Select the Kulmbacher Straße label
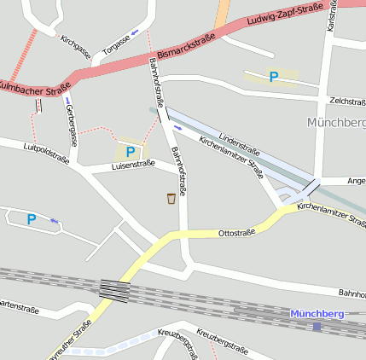32,88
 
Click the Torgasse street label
117,44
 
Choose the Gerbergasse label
72,124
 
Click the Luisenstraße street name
133,165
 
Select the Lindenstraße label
238,137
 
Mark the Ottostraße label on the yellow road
237,232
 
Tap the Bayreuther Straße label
72,340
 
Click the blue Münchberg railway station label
317,314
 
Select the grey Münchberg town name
336,123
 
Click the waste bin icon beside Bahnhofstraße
172,199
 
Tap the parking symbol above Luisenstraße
131,152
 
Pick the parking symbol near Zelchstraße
274,77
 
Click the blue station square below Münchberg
317,326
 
